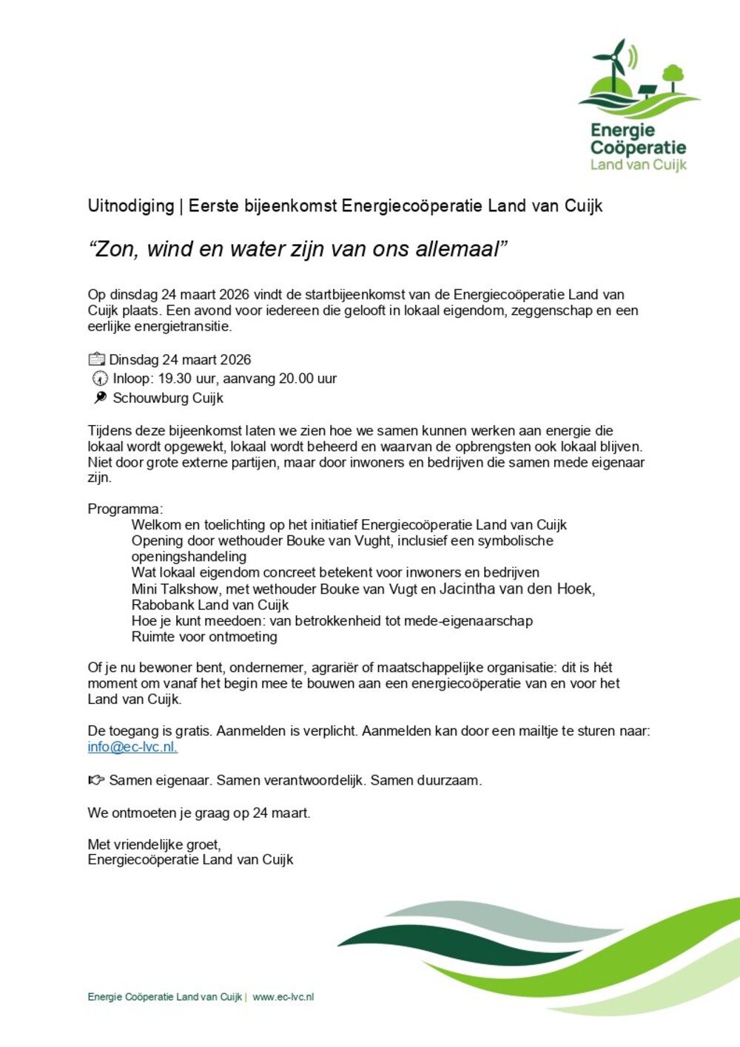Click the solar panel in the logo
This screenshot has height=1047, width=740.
[647, 91]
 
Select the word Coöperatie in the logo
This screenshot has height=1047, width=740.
[638, 147]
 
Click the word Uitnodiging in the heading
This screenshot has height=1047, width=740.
[130, 206]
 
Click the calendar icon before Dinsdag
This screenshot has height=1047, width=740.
[96, 360]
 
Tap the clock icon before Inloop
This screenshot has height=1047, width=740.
[100, 379]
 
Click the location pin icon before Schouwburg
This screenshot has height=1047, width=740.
[100, 398]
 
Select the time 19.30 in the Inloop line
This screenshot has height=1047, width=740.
[175, 379]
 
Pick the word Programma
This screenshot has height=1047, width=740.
[124, 509]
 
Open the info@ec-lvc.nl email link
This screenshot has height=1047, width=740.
[132, 747]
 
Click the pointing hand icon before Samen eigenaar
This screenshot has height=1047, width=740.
[96, 780]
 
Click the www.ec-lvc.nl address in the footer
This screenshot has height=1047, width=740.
[283, 997]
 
